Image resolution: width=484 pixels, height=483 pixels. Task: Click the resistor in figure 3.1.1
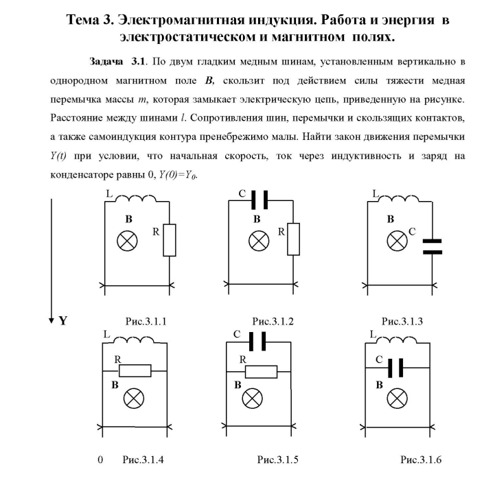click(170, 241)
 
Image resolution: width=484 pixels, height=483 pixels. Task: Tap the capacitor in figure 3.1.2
click(260, 200)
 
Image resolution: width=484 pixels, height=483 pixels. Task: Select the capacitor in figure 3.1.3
click(430, 246)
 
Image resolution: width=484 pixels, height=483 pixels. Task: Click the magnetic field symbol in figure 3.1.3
click(397, 240)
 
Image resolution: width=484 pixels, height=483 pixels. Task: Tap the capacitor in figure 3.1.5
click(260, 341)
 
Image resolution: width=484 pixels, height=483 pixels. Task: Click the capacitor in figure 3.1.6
click(393, 369)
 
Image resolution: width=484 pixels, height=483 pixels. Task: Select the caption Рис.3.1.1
click(146, 320)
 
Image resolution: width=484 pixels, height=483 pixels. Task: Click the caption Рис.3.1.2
click(273, 320)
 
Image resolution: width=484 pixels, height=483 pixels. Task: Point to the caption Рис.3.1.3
click(402, 320)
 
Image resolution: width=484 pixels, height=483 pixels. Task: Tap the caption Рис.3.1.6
click(424, 459)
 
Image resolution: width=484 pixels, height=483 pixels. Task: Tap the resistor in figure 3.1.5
click(262, 371)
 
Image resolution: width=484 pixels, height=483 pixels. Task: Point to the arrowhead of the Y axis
click(51, 318)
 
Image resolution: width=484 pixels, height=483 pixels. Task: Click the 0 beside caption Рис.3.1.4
click(100, 459)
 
